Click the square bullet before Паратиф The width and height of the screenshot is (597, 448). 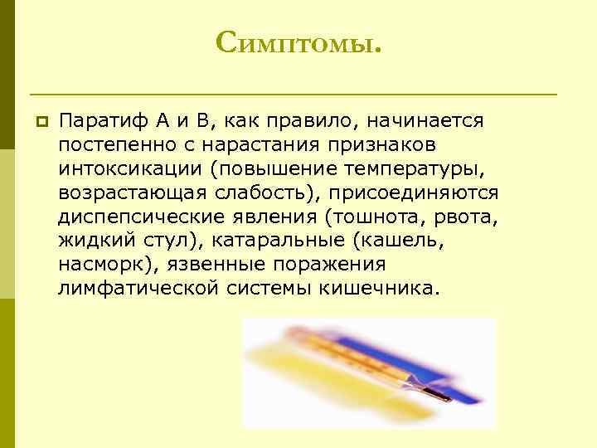tap(38, 121)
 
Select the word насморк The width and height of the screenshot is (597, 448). tap(108, 265)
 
